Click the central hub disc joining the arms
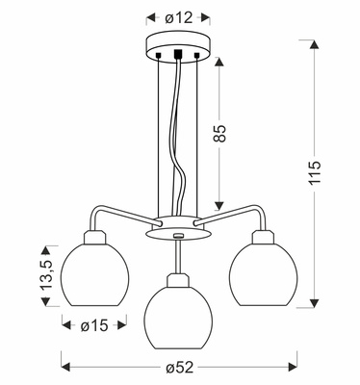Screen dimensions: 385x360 pyautogui.click(x=174, y=232)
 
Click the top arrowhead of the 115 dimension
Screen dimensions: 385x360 pyautogui.click(x=312, y=44)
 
